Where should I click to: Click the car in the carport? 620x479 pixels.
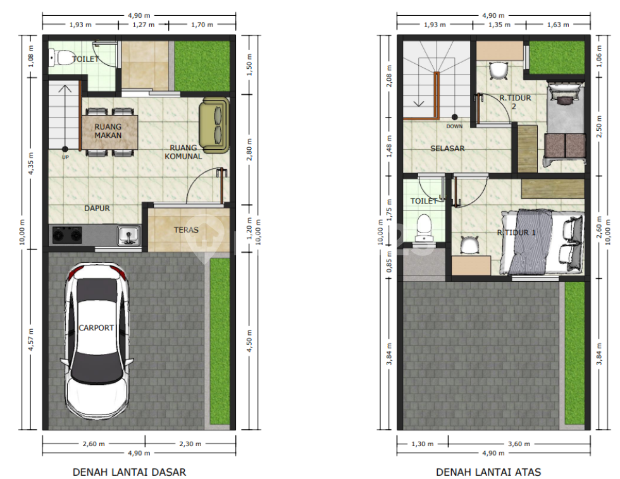[x=97, y=341]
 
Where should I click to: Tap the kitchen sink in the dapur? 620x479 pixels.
[x=128, y=235]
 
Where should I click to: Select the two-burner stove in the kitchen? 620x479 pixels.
[x=67, y=235]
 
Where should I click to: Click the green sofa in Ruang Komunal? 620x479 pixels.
[x=214, y=126]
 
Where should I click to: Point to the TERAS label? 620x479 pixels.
[x=186, y=230]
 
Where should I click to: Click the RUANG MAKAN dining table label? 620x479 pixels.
[x=108, y=131]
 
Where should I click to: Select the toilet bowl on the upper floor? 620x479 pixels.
[x=425, y=228]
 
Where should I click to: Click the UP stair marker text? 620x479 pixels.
[x=65, y=157]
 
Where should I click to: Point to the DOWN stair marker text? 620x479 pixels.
[x=454, y=126]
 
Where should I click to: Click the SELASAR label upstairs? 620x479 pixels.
[x=447, y=149]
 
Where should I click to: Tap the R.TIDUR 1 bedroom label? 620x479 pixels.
[x=516, y=233]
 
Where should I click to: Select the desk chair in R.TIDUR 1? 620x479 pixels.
[x=469, y=245]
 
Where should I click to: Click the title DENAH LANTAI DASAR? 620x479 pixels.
[x=129, y=472]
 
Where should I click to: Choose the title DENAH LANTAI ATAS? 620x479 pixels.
[x=488, y=472]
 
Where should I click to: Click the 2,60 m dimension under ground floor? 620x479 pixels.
[x=94, y=444]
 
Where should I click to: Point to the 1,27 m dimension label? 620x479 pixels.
[x=144, y=25]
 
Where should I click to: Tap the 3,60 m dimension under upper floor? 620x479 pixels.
[x=519, y=444]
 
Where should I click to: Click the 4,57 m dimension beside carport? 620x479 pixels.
[x=31, y=339]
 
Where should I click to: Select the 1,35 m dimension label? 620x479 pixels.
[x=499, y=25]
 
